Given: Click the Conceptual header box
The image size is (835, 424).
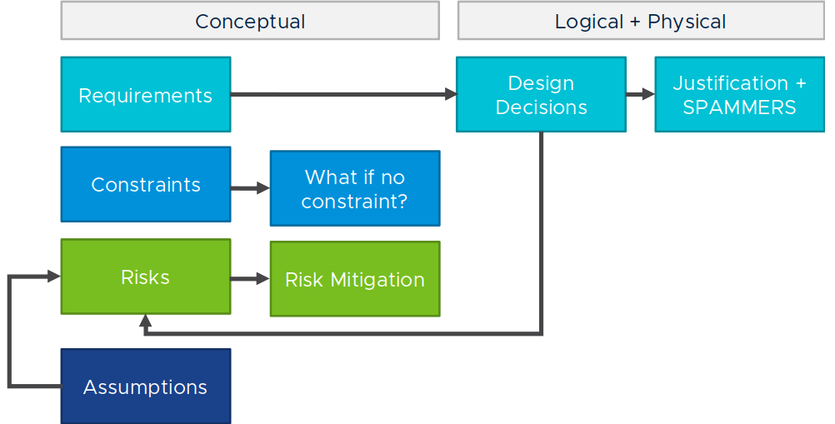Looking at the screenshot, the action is tap(250, 20).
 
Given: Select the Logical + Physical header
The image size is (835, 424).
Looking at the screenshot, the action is tap(641, 20).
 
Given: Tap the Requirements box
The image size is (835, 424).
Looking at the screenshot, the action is tap(146, 95).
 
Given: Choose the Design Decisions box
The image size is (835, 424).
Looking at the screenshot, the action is tap(541, 95).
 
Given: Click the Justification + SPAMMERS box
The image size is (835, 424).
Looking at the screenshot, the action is tap(740, 95).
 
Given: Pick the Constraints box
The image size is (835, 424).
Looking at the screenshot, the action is tap(146, 184).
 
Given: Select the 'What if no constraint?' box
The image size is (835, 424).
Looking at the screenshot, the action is tap(355, 188).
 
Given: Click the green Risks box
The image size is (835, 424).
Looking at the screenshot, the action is tap(146, 277).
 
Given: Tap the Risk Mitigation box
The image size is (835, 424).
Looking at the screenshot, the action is tap(355, 279).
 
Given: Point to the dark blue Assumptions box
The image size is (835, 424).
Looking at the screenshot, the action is tap(146, 387).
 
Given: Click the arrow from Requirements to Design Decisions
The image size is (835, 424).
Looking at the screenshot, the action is tap(343, 95).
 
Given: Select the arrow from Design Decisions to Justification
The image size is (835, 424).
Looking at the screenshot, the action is tap(641, 94).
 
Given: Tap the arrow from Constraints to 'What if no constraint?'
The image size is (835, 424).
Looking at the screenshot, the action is tap(250, 187).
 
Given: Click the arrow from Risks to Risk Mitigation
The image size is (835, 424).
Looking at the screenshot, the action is tap(250, 278).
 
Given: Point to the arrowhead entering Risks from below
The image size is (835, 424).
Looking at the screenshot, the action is tap(145, 320).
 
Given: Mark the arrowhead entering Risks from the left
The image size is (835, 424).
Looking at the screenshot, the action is tap(54, 276).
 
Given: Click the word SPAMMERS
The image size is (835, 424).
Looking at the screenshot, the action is tap(739, 107).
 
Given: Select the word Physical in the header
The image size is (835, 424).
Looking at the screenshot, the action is tap(687, 22).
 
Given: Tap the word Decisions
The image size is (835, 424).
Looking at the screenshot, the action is tap(541, 107).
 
